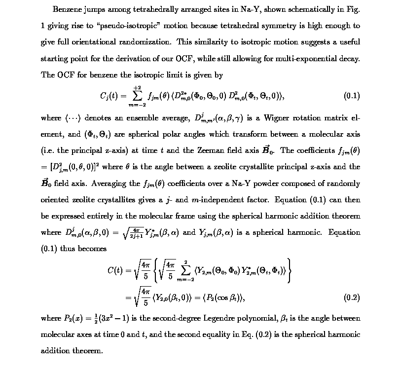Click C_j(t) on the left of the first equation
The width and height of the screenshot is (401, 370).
[x=109, y=96]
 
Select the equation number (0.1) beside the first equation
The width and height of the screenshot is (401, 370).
[x=351, y=96]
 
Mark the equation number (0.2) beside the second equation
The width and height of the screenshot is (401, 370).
[x=351, y=297]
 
